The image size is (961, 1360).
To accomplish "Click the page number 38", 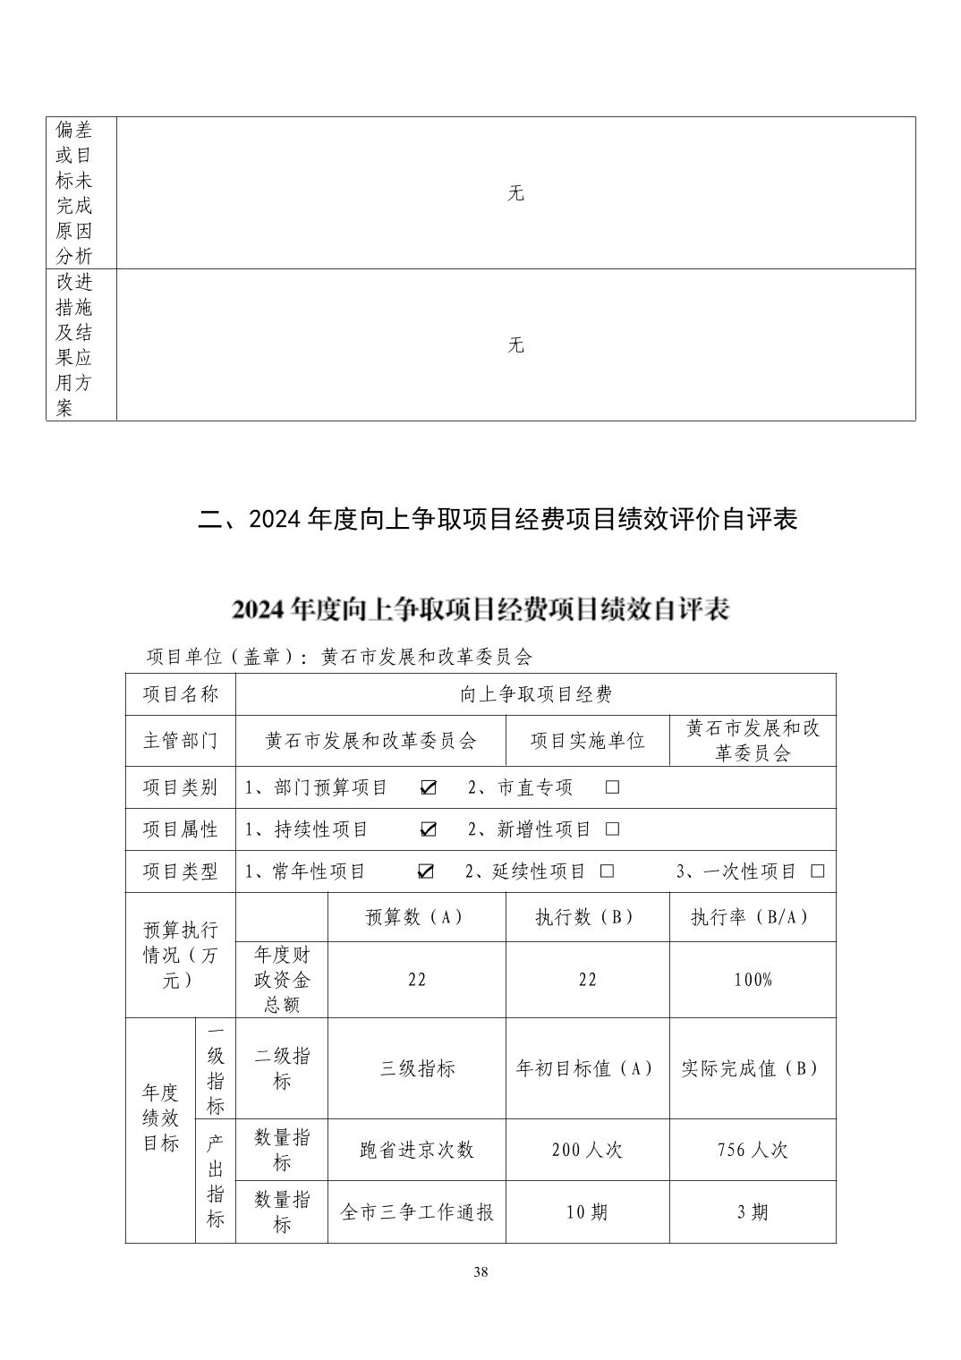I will point(480,1272).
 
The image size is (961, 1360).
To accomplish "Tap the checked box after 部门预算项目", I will point(429,787).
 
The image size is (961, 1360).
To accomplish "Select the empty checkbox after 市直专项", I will point(612,787).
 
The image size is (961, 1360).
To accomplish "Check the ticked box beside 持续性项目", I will point(429,829).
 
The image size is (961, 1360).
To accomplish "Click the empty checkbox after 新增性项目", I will point(612,829).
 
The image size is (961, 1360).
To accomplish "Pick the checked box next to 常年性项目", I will point(426,871).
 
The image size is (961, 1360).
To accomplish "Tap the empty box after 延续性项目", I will point(607,871).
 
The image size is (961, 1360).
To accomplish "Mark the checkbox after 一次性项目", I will point(817,871).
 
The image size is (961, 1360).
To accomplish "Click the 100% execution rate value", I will point(753,980).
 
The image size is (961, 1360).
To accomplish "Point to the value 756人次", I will point(753,1150).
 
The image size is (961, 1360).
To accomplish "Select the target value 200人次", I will point(587,1150).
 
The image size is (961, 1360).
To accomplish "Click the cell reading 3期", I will point(753,1212).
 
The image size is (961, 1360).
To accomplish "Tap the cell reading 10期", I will point(587,1212).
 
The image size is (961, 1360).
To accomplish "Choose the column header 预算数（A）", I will point(416,917).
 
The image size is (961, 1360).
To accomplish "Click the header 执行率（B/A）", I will point(753,917).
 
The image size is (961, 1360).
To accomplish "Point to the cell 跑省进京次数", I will point(416,1150).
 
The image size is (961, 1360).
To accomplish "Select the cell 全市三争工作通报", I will point(416,1212).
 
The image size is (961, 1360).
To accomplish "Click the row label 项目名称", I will point(180,694).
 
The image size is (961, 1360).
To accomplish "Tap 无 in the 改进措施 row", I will point(515,345).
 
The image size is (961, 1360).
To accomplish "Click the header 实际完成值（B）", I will point(753,1068).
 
